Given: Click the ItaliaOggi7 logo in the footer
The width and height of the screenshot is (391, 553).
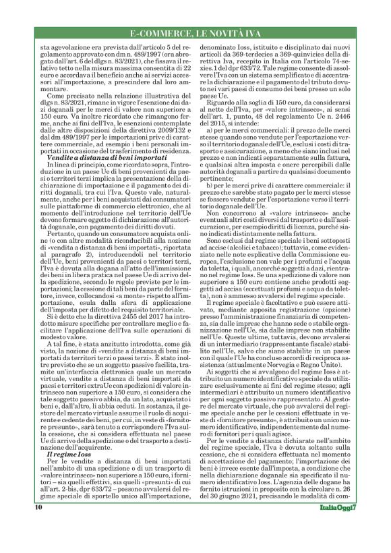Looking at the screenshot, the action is pyautogui.click(x=336, y=526).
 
